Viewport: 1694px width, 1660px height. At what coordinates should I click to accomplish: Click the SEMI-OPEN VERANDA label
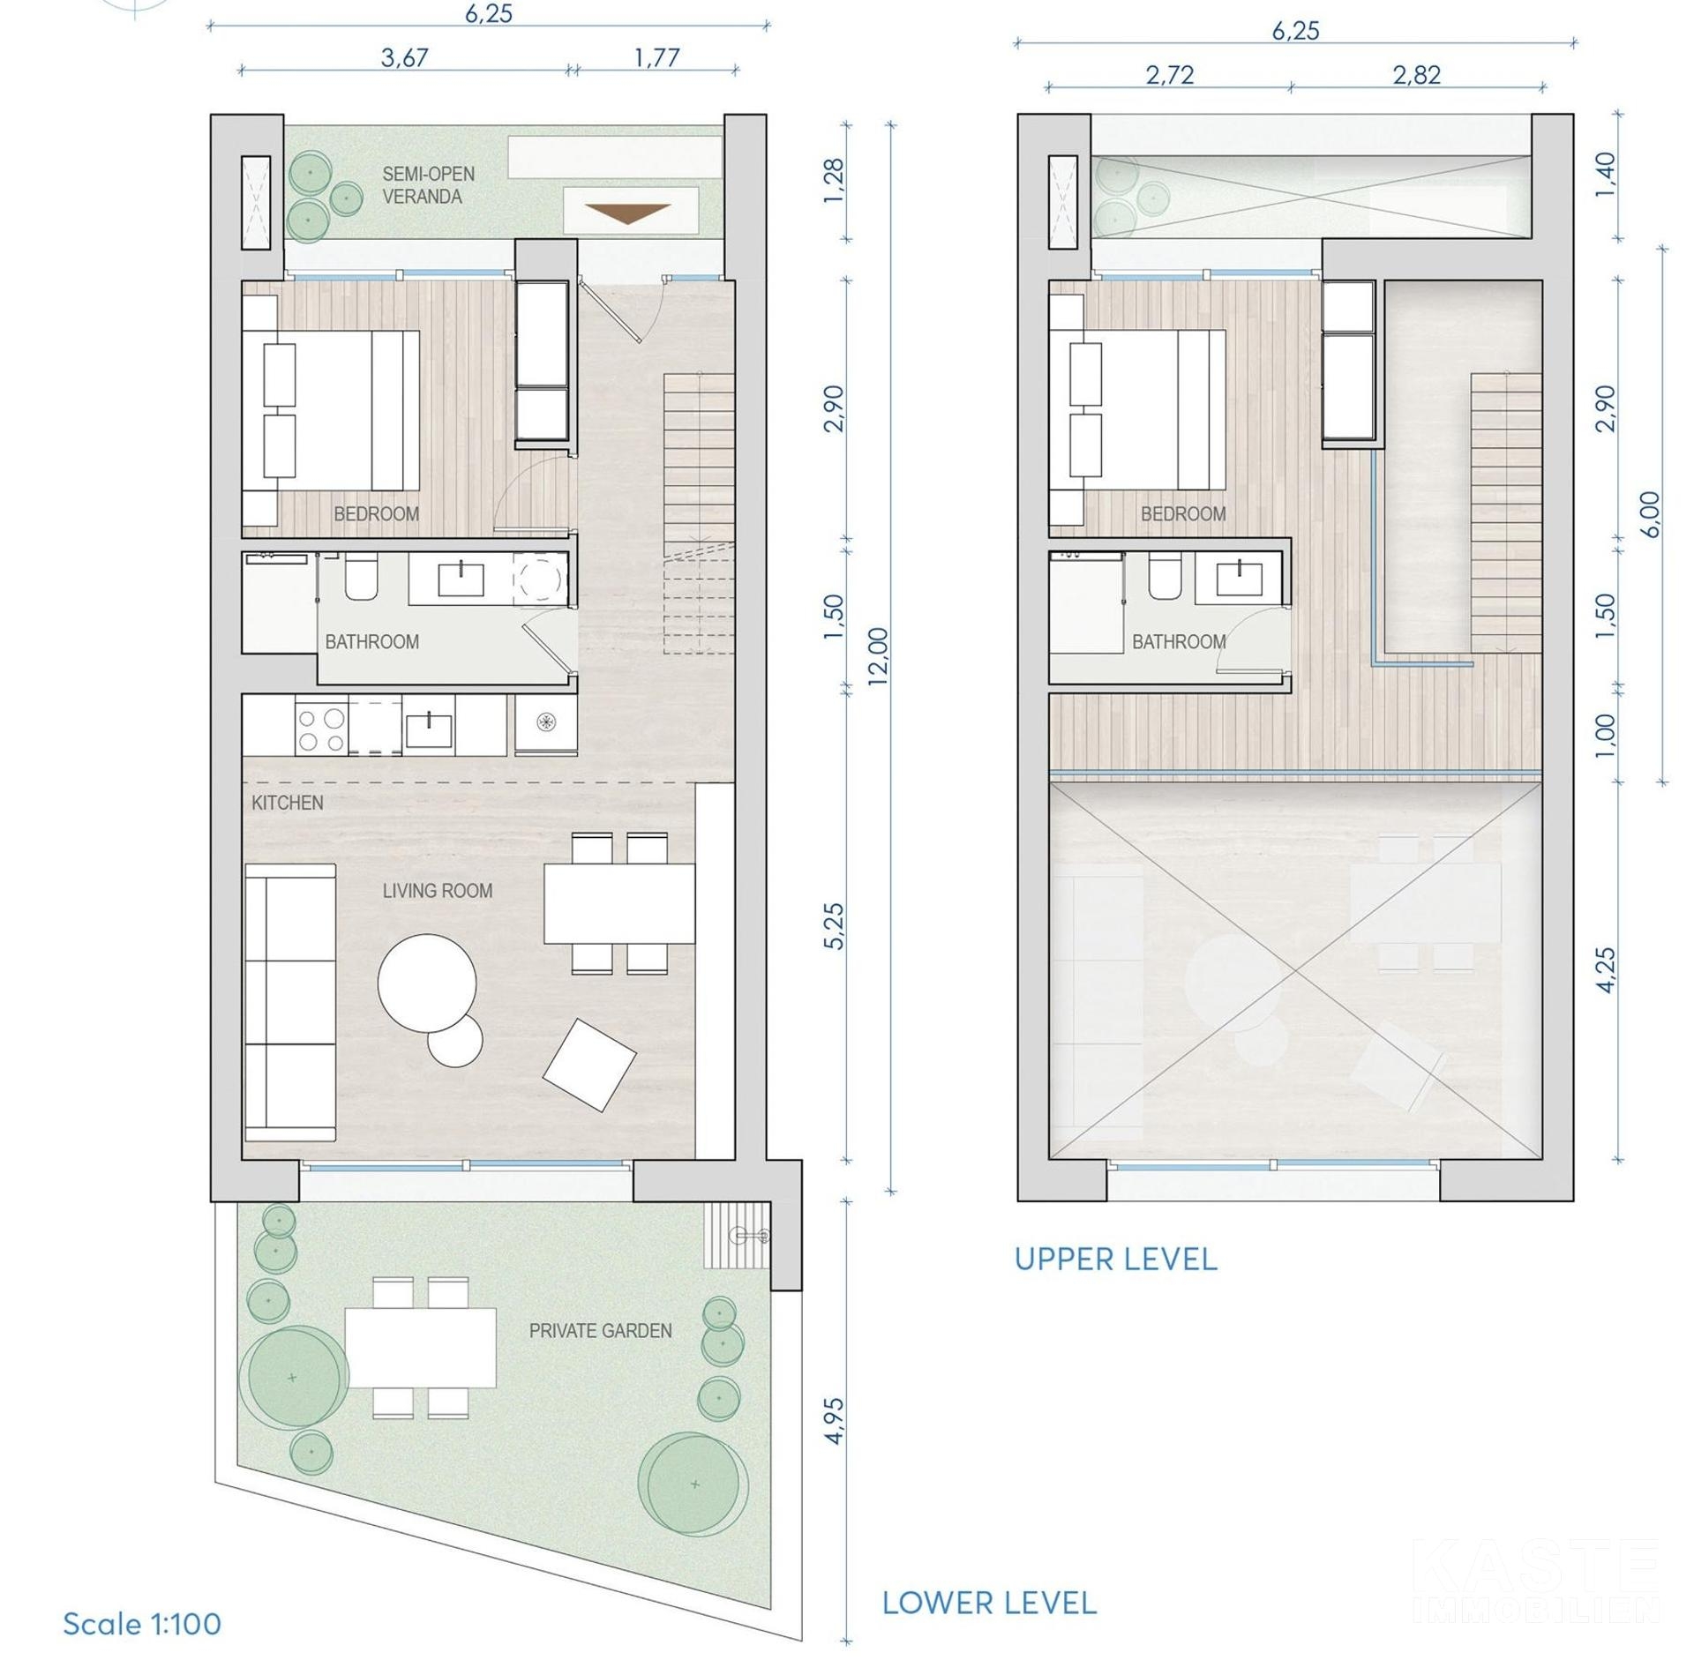[x=428, y=185]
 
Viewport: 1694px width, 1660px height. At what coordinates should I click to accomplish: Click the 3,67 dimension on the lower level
[x=405, y=58]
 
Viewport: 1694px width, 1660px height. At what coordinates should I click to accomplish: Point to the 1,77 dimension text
[x=657, y=58]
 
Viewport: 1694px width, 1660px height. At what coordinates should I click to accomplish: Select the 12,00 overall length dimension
[x=879, y=656]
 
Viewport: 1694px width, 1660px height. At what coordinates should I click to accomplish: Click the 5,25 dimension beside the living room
[x=834, y=926]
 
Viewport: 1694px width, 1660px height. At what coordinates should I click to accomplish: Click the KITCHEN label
[x=288, y=803]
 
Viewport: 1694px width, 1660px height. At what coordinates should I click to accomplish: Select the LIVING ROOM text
[x=438, y=891]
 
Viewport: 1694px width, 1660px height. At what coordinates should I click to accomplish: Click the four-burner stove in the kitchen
[x=322, y=729]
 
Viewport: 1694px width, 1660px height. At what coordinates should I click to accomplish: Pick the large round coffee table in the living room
[x=427, y=983]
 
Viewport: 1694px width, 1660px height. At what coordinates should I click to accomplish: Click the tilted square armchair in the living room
[x=589, y=1065]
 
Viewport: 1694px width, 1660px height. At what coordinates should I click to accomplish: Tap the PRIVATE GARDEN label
[x=600, y=1330]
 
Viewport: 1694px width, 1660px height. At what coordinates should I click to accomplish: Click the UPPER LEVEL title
[x=1116, y=1259]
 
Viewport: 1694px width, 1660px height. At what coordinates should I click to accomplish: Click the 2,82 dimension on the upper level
[x=1417, y=75]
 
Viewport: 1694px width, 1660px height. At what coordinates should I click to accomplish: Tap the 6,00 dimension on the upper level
[x=1652, y=514]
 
